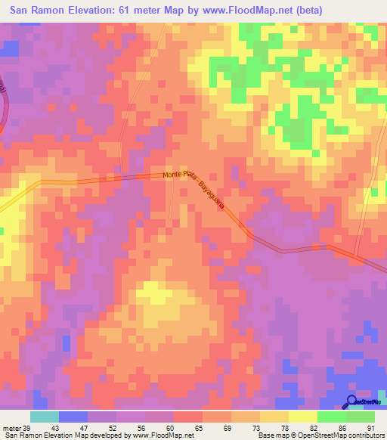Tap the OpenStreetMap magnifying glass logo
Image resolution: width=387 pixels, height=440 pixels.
353,401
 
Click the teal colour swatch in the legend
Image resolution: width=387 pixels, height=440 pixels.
45,417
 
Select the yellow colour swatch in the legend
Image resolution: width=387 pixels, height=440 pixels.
302,417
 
